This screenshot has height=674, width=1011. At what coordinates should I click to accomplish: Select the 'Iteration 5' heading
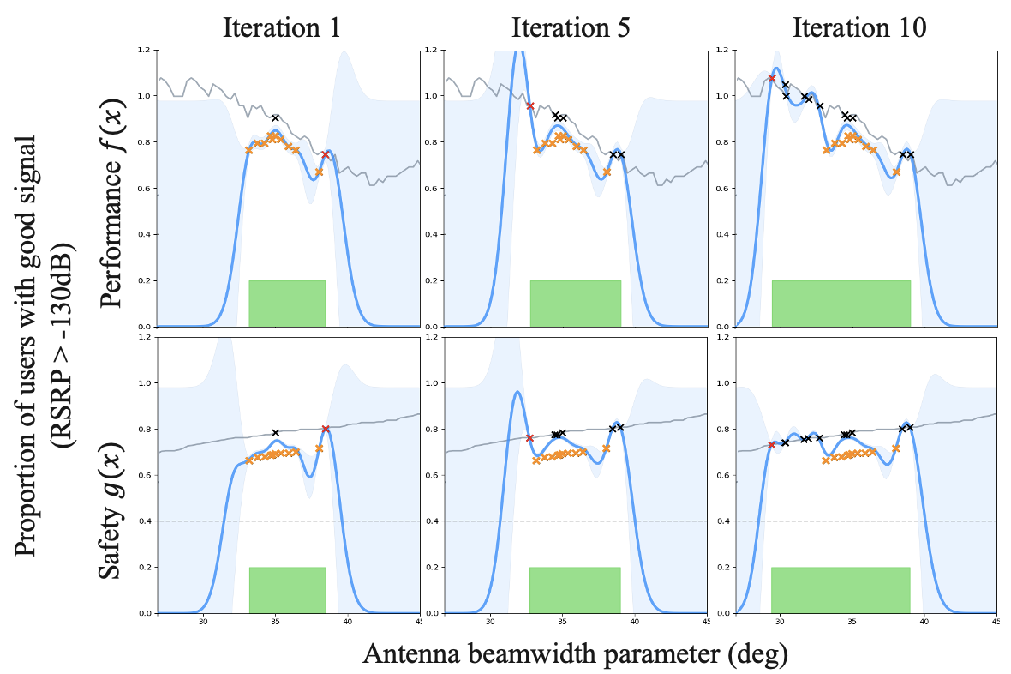(x=571, y=27)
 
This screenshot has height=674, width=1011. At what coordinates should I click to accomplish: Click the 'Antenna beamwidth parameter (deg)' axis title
(x=575, y=653)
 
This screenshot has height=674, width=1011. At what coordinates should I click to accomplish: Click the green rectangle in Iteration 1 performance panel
(x=287, y=304)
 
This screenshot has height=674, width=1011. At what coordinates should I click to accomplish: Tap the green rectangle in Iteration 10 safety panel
(x=841, y=590)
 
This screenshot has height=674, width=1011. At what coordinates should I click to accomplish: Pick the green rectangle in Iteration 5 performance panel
(x=575, y=304)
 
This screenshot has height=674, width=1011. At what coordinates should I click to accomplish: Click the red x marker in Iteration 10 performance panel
(x=772, y=78)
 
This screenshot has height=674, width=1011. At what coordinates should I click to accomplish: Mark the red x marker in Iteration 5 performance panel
(x=530, y=105)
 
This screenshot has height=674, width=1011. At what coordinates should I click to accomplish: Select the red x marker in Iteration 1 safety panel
(x=326, y=429)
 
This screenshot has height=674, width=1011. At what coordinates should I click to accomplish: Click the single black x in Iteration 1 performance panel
(x=275, y=117)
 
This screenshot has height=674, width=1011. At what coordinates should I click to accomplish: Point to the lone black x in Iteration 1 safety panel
(x=275, y=433)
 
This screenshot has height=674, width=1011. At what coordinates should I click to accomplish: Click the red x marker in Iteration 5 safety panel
(x=529, y=438)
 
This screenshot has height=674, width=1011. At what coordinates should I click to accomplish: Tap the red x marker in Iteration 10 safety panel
(x=772, y=445)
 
